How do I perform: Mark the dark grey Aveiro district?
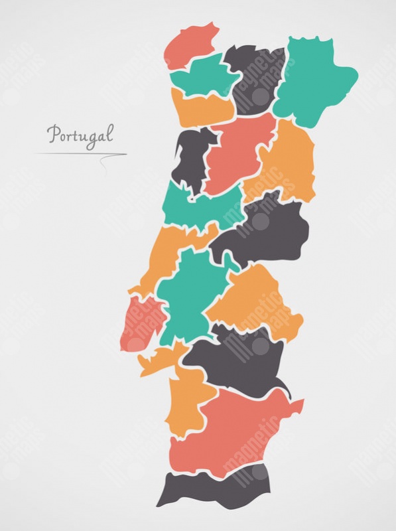(190, 156)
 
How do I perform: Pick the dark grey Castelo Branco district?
(265, 232)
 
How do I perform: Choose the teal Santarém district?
(189, 292)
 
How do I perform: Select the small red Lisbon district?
(139, 322)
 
